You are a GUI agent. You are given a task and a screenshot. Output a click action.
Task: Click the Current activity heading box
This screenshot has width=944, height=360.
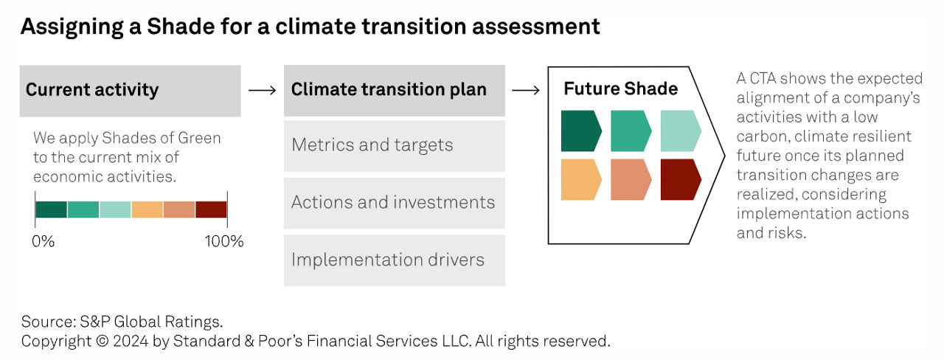131,91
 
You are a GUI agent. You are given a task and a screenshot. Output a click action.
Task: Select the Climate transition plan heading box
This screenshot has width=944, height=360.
395,91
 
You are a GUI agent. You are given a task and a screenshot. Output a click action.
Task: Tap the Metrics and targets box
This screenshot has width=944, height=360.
395,146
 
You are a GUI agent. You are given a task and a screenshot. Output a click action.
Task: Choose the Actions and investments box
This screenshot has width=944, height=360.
395,203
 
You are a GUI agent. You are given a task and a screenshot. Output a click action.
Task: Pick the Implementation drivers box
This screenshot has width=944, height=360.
395,260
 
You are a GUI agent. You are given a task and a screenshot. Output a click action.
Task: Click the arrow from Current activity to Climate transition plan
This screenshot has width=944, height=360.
262,90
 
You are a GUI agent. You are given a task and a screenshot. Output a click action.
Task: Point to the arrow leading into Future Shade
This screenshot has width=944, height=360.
526,90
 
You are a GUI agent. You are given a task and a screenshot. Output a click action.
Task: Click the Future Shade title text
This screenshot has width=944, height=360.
621,89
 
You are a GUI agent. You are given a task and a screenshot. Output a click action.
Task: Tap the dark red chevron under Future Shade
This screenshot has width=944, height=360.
681,179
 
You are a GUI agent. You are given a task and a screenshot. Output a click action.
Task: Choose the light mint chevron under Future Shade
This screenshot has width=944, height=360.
681,131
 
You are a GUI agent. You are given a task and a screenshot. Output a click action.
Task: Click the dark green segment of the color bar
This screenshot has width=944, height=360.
51,210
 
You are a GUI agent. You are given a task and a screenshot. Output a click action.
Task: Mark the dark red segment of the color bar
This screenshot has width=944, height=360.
211,210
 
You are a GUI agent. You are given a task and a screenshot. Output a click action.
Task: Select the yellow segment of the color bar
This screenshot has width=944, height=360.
147,210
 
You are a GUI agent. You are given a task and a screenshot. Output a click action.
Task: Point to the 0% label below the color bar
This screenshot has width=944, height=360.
43,241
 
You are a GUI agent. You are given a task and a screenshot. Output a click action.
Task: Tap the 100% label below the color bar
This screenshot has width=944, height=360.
224,241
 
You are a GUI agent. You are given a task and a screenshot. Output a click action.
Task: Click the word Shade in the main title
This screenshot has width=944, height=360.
181,27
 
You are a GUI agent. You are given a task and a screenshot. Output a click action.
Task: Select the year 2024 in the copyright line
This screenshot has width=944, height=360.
131,341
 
